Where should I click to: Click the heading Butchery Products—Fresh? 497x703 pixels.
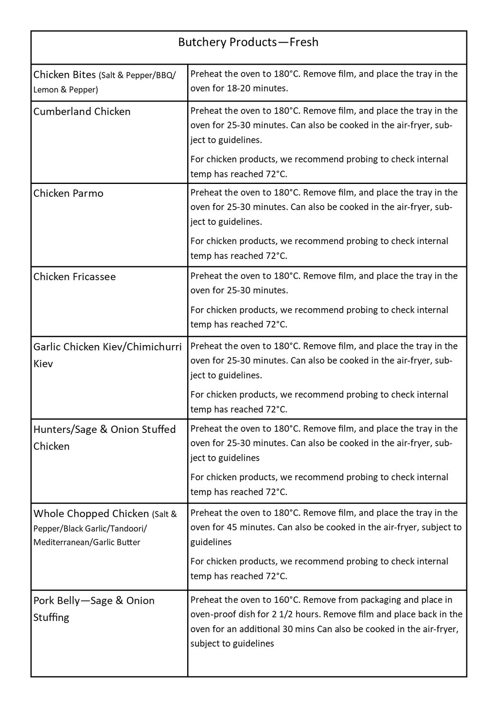(248, 42)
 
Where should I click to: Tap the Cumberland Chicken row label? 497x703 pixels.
(82, 112)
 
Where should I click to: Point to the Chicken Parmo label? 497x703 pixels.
(68, 193)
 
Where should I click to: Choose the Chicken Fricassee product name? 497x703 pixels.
(75, 277)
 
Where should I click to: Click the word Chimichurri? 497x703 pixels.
(154, 347)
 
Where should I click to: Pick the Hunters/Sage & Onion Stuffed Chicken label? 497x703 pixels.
(104, 437)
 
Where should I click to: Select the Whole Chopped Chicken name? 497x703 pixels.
(91, 514)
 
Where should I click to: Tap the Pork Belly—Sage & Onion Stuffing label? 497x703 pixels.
(94, 609)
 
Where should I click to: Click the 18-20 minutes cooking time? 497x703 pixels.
(257, 88)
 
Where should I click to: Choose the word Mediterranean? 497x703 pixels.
(61, 542)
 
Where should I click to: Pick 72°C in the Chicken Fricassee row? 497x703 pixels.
(276, 324)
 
